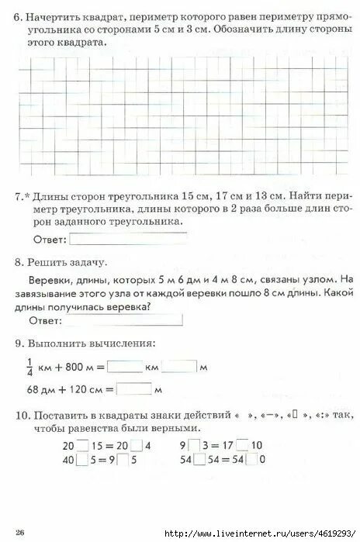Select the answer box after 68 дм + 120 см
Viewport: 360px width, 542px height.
133,388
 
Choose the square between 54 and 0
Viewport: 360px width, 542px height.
251,460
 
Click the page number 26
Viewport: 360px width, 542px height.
21,531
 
